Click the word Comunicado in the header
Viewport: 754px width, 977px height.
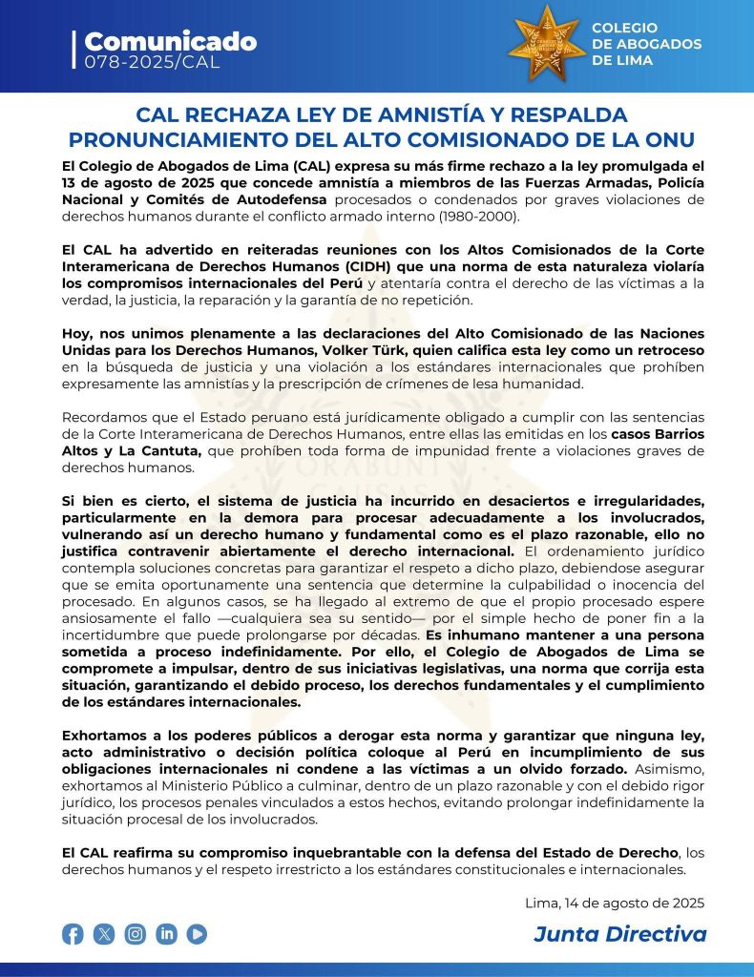click(x=170, y=41)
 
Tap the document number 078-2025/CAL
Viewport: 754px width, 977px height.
click(x=152, y=62)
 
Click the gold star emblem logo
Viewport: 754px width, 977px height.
click(x=547, y=44)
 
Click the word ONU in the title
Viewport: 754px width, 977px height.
click(x=668, y=138)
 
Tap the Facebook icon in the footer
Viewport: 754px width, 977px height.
click(x=73, y=934)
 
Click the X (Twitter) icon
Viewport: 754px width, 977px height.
click(x=104, y=934)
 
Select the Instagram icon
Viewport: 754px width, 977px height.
click(x=136, y=934)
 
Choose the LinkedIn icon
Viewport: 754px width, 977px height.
click(x=167, y=934)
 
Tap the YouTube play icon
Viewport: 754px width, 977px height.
click(x=198, y=934)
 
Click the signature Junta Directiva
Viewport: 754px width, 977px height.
click(x=619, y=933)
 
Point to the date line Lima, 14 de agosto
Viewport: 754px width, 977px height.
click(x=615, y=903)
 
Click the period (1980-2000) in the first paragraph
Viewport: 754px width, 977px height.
click(x=477, y=216)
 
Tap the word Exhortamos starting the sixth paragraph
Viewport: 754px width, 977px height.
click(x=106, y=736)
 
